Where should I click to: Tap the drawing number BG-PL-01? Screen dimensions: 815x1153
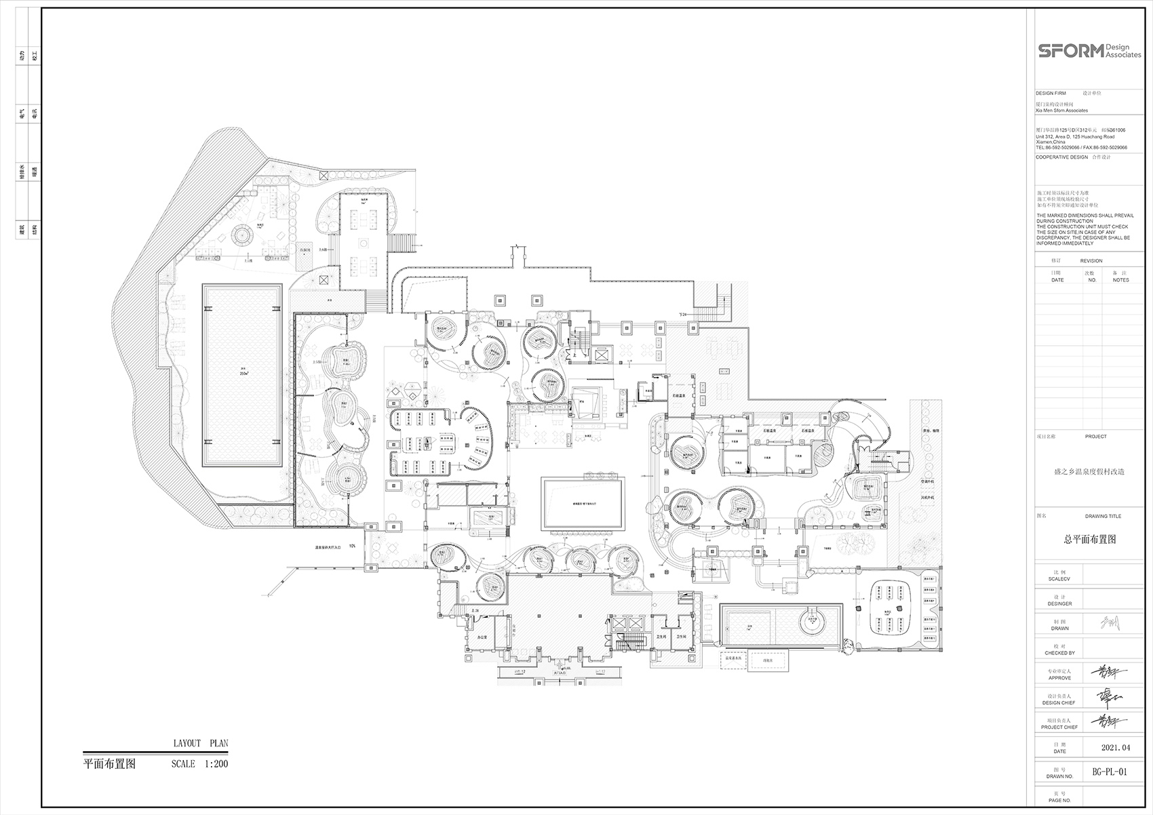[1110, 772]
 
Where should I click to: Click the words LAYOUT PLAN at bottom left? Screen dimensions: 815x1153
[201, 743]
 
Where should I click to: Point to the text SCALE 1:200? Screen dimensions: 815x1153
[199, 763]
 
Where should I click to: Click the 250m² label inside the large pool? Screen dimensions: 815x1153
[243, 372]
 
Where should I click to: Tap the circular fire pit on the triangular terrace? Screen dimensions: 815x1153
[242, 236]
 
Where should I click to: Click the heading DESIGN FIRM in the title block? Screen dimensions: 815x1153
[1051, 93]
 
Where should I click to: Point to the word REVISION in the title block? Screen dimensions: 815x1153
[1091, 260]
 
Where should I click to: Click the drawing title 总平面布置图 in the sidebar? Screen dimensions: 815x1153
[1090, 540]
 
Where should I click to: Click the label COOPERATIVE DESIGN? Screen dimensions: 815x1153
[1061, 157]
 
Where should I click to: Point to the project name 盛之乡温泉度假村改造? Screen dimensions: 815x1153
[1089, 471]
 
